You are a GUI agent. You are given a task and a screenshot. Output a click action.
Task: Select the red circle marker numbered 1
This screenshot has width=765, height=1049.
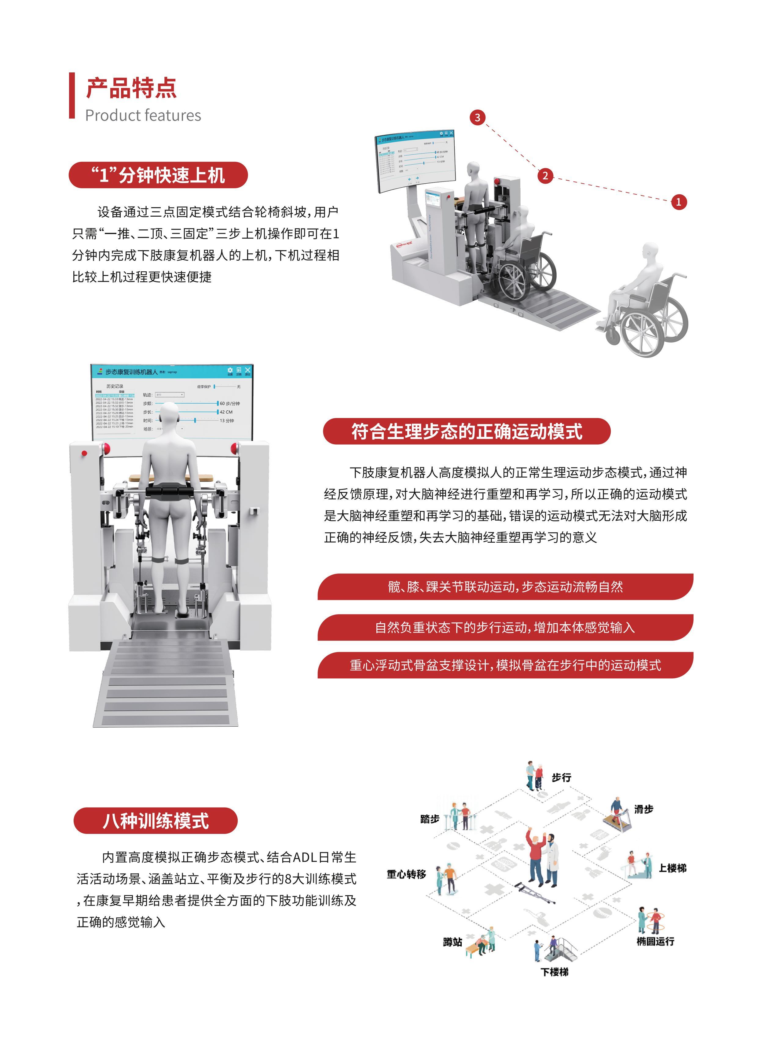tap(679, 202)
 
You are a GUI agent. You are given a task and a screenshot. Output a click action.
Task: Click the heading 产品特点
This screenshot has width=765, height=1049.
tap(131, 88)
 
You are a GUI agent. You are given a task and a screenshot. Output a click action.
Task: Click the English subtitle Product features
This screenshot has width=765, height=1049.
tap(143, 115)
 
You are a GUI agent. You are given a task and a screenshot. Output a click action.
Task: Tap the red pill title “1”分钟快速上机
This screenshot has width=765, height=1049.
tap(158, 175)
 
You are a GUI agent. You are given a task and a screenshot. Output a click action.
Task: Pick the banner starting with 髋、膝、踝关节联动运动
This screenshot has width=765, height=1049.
tap(505, 587)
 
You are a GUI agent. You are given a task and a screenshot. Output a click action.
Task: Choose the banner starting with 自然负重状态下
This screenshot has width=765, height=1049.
tap(505, 628)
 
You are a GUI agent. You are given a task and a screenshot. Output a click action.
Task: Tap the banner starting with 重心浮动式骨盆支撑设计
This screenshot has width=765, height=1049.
tap(505, 666)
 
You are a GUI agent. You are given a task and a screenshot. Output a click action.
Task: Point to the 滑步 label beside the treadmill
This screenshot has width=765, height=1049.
tap(643, 809)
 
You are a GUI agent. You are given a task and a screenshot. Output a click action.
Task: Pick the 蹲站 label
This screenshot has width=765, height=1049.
tap(452, 942)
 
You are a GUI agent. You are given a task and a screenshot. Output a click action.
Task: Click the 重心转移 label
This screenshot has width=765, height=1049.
tap(406, 875)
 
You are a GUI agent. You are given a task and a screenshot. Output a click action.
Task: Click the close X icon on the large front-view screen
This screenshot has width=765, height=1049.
tap(248, 370)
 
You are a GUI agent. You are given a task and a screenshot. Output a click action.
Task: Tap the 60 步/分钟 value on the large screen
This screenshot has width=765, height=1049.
tap(230, 403)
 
